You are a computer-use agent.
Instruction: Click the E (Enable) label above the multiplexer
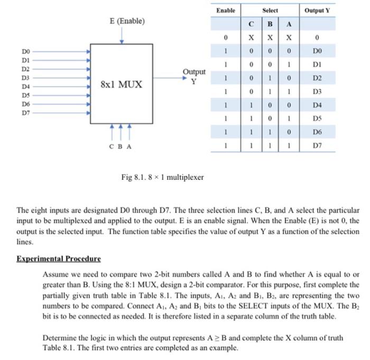click(126, 22)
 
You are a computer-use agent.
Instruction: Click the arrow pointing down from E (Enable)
click(122, 35)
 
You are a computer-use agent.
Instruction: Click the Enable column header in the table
click(226, 11)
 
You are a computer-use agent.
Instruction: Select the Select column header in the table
click(270, 11)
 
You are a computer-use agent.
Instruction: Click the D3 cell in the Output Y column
click(317, 92)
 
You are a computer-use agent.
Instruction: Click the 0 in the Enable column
click(226, 38)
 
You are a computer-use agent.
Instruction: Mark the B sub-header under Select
click(270, 24)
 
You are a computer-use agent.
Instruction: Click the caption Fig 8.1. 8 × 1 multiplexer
click(163, 177)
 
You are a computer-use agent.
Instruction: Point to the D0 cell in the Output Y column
click(317, 51)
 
